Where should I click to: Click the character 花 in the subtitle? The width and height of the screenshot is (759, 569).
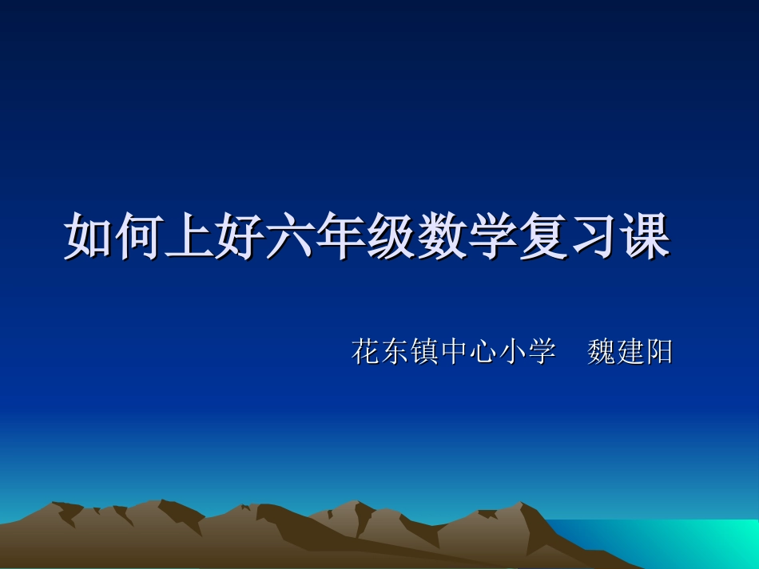[x=366, y=351]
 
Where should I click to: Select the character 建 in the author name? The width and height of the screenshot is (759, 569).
[x=630, y=351]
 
